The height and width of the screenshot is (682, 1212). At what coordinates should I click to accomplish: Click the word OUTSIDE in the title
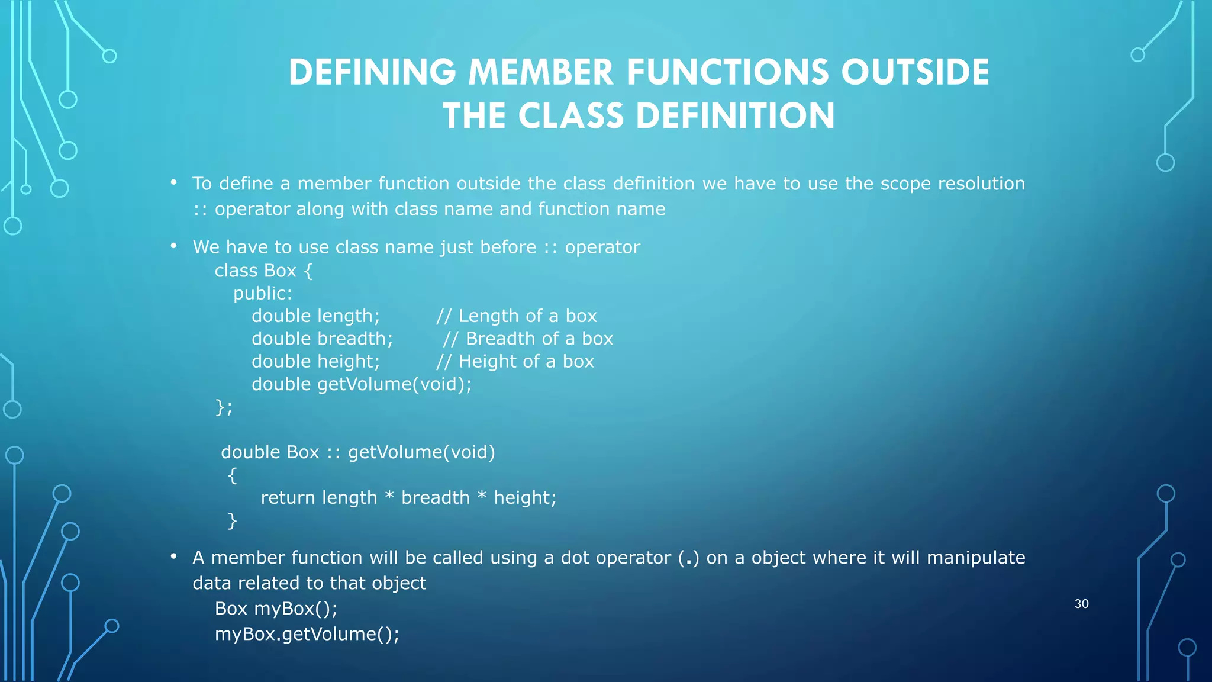[x=915, y=72]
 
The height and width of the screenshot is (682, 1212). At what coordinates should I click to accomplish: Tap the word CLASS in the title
[x=571, y=115]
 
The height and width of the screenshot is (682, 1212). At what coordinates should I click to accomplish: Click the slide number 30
[x=1081, y=604]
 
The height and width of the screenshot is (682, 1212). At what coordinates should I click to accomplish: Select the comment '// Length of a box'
[x=516, y=316]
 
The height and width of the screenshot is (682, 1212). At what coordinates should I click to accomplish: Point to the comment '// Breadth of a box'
[x=528, y=339]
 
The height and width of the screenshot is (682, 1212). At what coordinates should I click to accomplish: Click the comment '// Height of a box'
[x=515, y=362]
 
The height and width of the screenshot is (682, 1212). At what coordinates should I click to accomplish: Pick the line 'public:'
[x=262, y=294]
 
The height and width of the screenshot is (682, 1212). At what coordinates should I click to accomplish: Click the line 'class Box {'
[x=263, y=271]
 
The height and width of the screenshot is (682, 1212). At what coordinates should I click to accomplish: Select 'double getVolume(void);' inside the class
[x=362, y=384]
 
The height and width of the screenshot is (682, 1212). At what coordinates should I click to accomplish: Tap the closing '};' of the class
[x=224, y=407]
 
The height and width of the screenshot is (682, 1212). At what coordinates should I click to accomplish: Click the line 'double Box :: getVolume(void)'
[x=357, y=452]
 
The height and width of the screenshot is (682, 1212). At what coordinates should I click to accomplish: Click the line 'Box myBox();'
[x=276, y=609]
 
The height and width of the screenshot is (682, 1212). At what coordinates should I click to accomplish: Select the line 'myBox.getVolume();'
[x=307, y=634]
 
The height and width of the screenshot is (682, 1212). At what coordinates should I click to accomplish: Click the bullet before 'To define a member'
[x=173, y=182]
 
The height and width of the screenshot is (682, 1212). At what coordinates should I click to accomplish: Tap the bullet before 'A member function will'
[x=173, y=556]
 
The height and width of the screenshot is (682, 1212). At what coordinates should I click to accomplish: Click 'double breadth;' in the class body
[x=322, y=339]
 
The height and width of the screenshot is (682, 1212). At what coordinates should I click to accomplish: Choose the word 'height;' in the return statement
[x=525, y=498]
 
